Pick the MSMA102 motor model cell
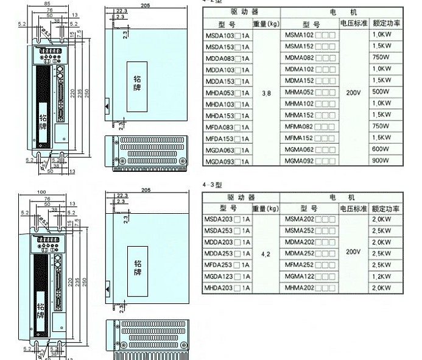point(309,35)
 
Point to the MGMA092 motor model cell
point(309,161)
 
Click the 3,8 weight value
point(266,93)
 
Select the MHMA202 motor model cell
point(309,288)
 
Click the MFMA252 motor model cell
point(309,264)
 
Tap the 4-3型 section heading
point(213,183)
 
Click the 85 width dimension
point(47,3)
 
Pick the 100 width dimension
point(41,192)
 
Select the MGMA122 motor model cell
point(309,276)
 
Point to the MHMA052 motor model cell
point(309,93)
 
